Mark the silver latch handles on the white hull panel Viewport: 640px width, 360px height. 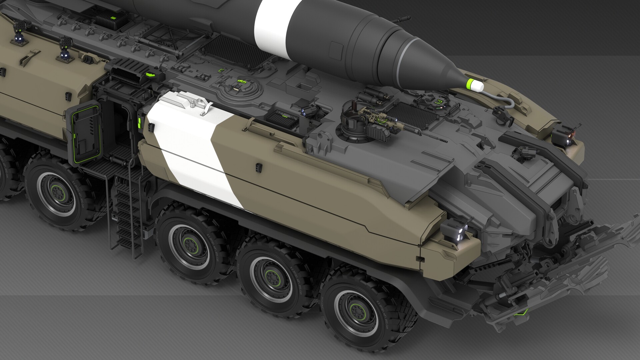[197, 102]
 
